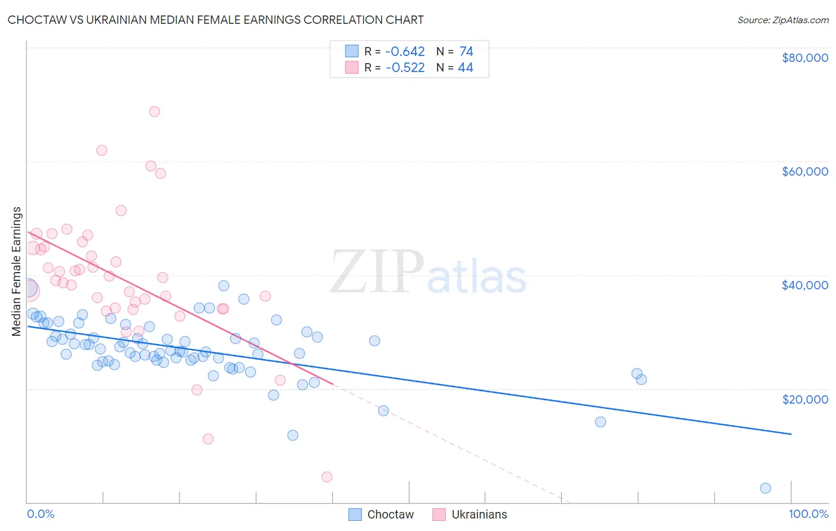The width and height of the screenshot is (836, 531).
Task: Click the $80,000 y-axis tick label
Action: click(x=804, y=58)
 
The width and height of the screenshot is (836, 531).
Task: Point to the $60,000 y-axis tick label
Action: click(x=804, y=171)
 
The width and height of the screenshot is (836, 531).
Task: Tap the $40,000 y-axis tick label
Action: click(x=804, y=285)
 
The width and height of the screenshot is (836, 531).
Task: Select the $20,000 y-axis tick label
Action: click(x=804, y=399)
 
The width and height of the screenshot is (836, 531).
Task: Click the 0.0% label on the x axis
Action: click(x=40, y=514)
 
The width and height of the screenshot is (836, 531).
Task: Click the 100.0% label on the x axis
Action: click(x=808, y=514)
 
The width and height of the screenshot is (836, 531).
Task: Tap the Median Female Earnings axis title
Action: click(x=17, y=271)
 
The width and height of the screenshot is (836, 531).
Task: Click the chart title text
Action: click(x=215, y=20)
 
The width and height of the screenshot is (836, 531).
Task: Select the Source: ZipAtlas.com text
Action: click(x=782, y=20)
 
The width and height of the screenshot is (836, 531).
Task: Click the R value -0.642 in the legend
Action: click(x=405, y=52)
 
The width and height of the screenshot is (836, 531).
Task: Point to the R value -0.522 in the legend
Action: click(x=405, y=68)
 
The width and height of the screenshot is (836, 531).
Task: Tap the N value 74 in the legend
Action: click(x=466, y=52)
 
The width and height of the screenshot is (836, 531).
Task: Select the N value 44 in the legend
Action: click(x=466, y=68)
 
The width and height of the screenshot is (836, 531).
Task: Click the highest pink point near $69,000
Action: click(x=155, y=111)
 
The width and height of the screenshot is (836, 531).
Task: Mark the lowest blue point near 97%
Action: click(x=765, y=488)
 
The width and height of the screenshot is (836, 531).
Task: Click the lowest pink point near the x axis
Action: click(x=326, y=477)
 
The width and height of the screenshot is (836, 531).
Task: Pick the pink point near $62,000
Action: click(x=102, y=151)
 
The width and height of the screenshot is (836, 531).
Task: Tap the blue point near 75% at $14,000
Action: click(x=601, y=422)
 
